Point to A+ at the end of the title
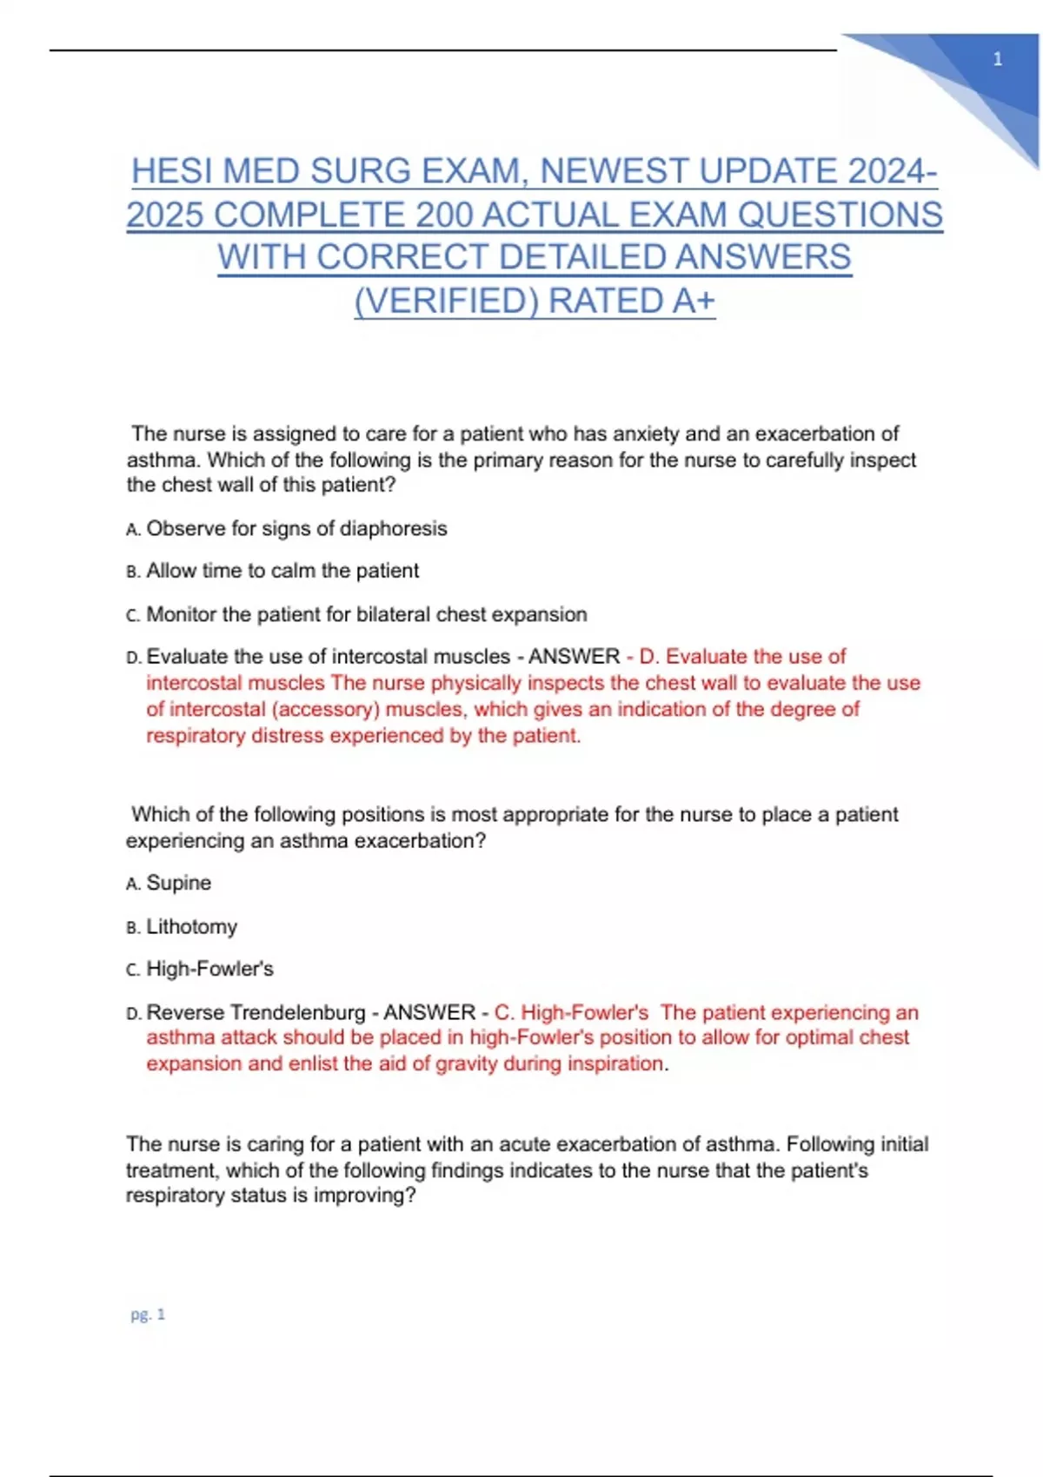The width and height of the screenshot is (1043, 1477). [694, 301]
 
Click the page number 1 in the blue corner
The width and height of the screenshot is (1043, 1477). [997, 59]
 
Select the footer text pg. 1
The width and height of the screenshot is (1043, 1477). [148, 1315]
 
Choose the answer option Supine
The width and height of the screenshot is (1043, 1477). [178, 883]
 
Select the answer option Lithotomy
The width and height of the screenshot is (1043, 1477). [191, 926]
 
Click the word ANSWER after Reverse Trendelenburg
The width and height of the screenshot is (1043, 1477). [429, 1012]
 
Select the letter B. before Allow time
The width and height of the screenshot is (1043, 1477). [133, 572]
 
